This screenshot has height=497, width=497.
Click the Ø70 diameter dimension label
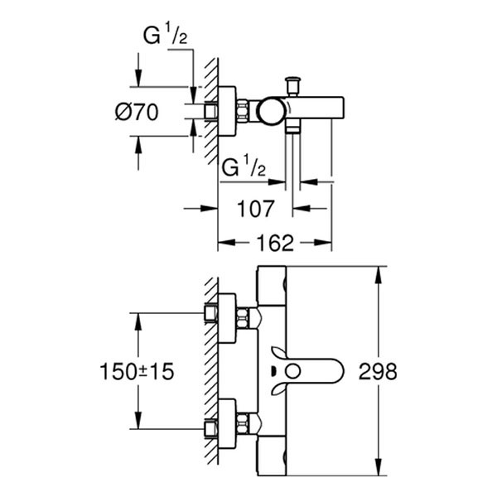coord(134,113)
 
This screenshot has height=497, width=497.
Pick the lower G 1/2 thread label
coord(243,168)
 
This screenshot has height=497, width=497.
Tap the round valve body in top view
coord(268,109)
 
